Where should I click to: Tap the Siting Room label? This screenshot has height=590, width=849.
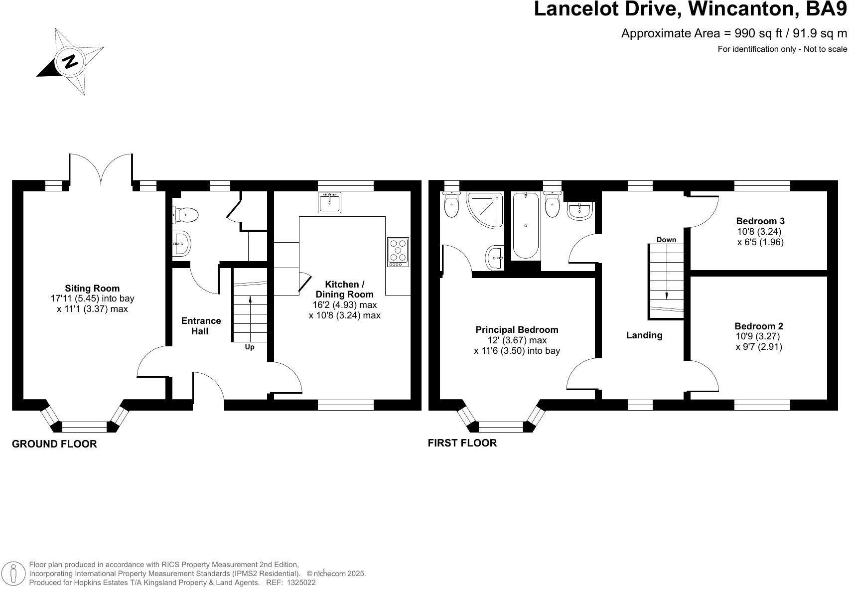pyautogui.click(x=92, y=289)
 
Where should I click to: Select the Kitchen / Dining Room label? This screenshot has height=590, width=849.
pyautogui.click(x=344, y=290)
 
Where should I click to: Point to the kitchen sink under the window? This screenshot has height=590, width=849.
pyautogui.click(x=330, y=202)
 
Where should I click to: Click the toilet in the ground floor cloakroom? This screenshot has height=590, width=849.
pyautogui.click(x=185, y=215)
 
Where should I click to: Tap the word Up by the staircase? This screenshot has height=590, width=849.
pyautogui.click(x=250, y=347)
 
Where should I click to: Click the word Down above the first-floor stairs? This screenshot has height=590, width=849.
pyautogui.click(x=666, y=240)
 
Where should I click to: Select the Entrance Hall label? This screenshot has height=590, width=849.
pyautogui.click(x=201, y=326)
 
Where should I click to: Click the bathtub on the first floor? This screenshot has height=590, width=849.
pyautogui.click(x=526, y=225)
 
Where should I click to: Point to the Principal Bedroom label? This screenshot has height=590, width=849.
pyautogui.click(x=517, y=330)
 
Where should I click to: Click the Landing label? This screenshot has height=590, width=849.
pyautogui.click(x=644, y=335)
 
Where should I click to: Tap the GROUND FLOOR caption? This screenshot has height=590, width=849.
pyautogui.click(x=54, y=444)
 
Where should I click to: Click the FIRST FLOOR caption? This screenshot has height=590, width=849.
pyautogui.click(x=462, y=443)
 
